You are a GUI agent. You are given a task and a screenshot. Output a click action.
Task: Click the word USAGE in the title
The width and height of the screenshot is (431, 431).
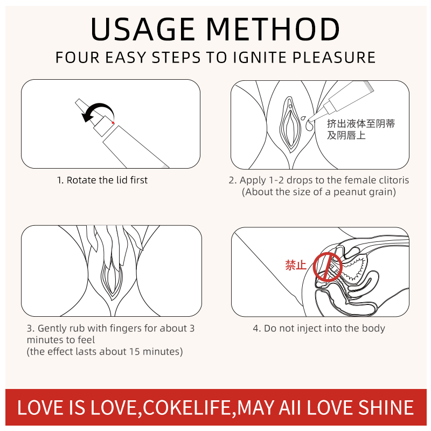click(143, 29)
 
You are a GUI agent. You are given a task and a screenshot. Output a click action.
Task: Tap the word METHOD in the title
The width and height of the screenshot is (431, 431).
click(273, 29)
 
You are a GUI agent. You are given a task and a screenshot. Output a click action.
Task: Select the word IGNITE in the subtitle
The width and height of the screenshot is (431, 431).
click(260, 58)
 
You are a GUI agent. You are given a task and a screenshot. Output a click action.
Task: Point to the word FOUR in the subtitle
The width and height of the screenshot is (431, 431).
click(78, 58)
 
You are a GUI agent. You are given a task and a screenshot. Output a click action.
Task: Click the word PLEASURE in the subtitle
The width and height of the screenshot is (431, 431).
click(333, 58)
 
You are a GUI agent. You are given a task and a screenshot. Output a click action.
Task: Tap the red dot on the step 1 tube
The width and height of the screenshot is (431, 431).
click(113, 123)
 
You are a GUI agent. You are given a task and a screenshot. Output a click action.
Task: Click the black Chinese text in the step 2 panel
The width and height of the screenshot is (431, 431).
click(360, 129)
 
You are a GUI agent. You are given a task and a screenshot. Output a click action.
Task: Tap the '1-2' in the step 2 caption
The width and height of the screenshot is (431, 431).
click(276, 180)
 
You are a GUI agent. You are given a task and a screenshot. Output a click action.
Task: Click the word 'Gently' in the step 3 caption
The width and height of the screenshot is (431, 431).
click(52, 329)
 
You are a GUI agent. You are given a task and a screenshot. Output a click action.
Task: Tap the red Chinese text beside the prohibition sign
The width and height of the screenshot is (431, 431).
click(296, 265)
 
